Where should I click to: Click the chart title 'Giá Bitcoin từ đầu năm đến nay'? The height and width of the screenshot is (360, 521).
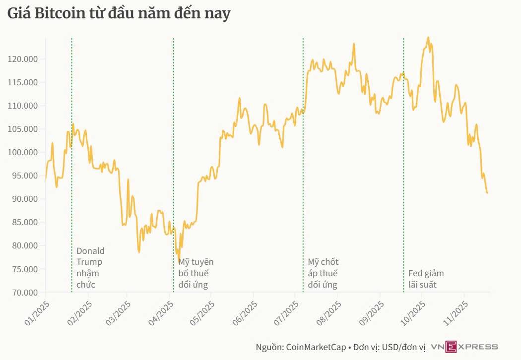(x=119, y=14)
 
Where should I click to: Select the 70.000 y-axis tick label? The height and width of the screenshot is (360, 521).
(x=24, y=293)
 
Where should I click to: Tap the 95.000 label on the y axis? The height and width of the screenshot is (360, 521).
(x=24, y=176)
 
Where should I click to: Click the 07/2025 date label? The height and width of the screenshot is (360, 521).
(x=286, y=312)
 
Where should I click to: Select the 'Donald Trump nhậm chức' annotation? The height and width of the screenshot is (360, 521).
(x=90, y=268)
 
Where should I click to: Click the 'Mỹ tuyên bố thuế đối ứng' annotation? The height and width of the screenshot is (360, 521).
(x=195, y=273)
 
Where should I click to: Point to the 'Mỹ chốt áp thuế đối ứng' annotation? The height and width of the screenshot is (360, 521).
(x=324, y=273)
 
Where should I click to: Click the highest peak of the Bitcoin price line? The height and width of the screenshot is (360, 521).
(x=428, y=37)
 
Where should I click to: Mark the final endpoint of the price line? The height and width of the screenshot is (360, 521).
(x=488, y=193)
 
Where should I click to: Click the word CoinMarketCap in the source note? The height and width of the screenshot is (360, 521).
(x=315, y=347)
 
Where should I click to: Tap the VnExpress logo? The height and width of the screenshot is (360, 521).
(x=464, y=347)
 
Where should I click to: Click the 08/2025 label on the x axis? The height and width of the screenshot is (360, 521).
(x=328, y=312)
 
